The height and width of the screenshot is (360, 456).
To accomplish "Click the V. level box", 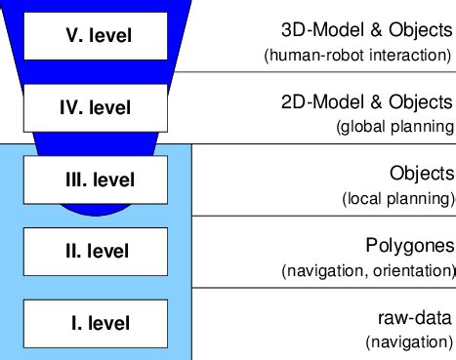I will pyautogui.click(x=92, y=37).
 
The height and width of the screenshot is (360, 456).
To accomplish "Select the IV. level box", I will pyautogui.click(x=92, y=108).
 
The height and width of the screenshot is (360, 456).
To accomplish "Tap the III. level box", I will pyautogui.click(x=92, y=180).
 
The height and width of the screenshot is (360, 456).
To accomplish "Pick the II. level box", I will pyautogui.click(x=92, y=252).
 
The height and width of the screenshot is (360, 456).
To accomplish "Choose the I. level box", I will pyautogui.click(x=92, y=323).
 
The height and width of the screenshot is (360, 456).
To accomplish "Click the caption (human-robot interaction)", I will pyautogui.click(x=358, y=55).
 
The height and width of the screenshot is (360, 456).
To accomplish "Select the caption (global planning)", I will pyautogui.click(x=394, y=126).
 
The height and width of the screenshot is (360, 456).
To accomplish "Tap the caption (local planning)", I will pyautogui.click(x=397, y=198).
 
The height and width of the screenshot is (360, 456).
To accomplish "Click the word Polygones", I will pyautogui.click(x=411, y=246).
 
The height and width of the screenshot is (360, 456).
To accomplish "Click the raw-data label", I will pyautogui.click(x=415, y=318).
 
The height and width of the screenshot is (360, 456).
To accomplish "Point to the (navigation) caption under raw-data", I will pyautogui.click(x=409, y=342).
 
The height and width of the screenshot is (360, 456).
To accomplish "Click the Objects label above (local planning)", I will pyautogui.click(x=422, y=174).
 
